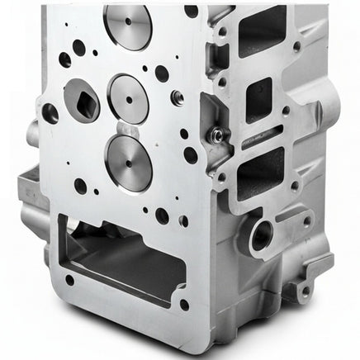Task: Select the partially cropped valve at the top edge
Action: [x=128, y=25]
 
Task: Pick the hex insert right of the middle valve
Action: [x=177, y=97]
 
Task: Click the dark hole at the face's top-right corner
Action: [x=192, y=12]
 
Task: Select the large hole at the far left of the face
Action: [x=51, y=113]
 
